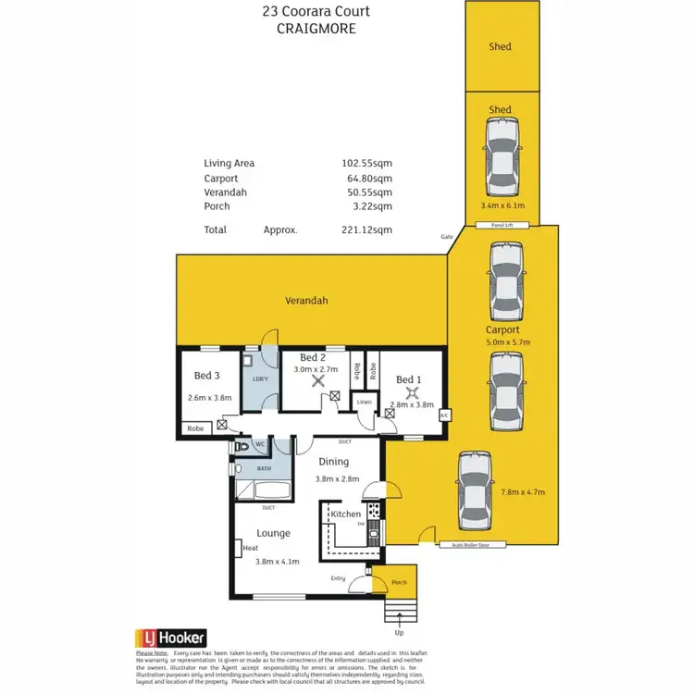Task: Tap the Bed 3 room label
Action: (206, 376)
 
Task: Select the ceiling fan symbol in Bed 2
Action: (319, 378)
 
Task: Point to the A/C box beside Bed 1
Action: (444, 415)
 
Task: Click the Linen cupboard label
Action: (365, 402)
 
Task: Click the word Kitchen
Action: (345, 513)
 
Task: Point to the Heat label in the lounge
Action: (250, 548)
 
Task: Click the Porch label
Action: (400, 582)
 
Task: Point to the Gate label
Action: (447, 237)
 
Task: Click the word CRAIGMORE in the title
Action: (316, 29)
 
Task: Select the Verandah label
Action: (306, 301)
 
